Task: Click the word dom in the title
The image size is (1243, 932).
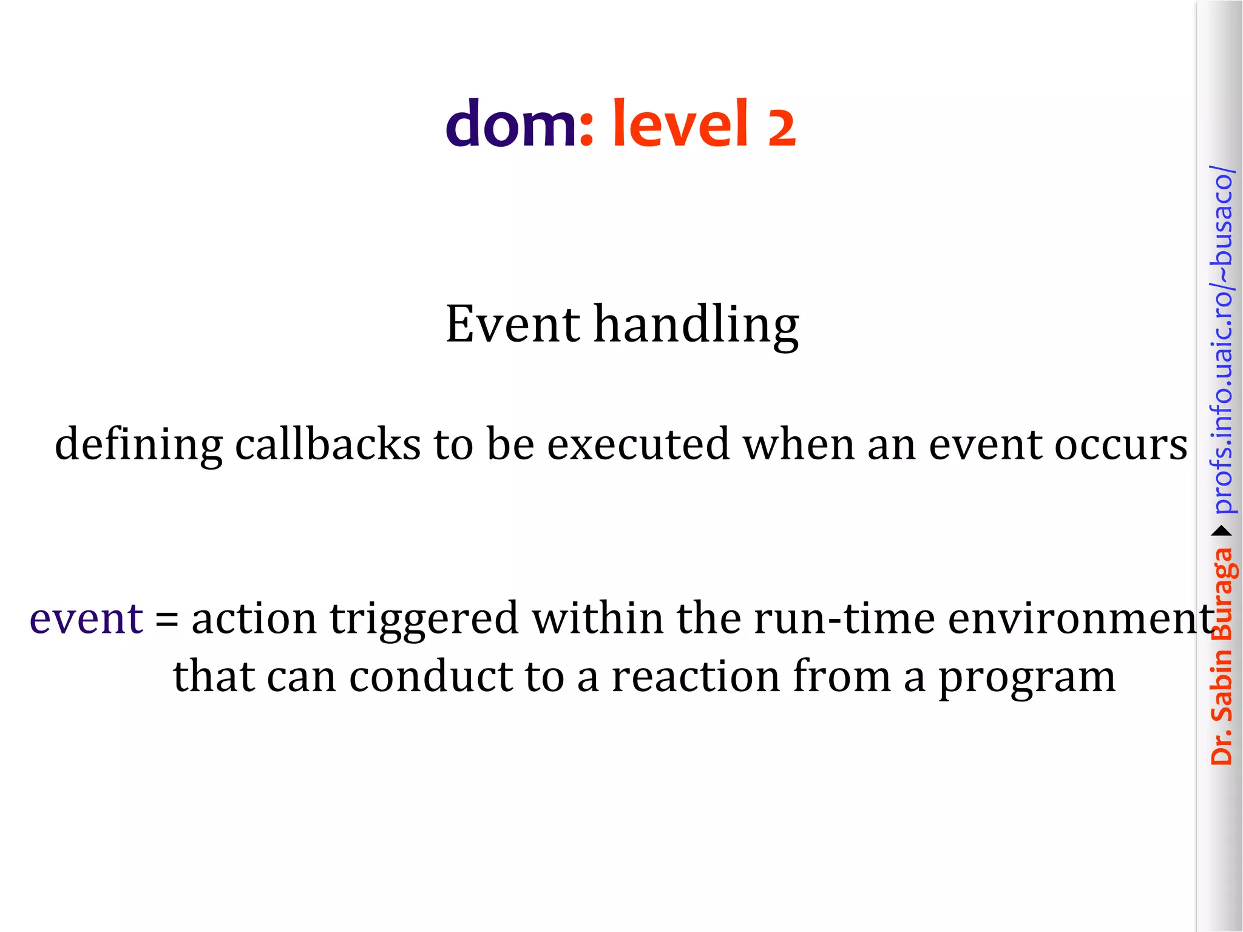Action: [511, 124]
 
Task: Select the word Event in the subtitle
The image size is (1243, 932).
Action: [513, 324]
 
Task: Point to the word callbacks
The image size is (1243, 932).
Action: [328, 444]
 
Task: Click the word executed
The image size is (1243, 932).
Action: [638, 444]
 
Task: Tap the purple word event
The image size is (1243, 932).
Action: [86, 619]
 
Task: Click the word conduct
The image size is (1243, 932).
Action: [431, 677]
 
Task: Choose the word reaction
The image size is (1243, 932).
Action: [696, 677]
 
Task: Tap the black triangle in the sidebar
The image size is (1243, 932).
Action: [1222, 532]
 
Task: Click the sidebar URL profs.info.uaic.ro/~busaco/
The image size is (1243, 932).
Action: [1222, 340]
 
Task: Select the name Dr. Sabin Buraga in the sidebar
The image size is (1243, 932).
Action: [1222, 655]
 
